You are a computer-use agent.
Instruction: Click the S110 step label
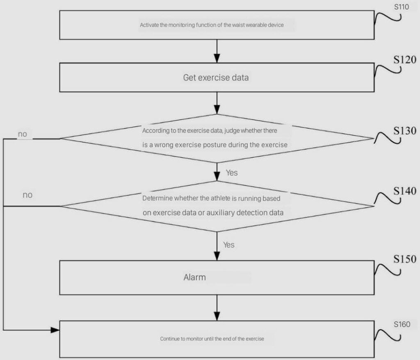(x=401, y=7)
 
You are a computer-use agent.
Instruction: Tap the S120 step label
(x=405, y=60)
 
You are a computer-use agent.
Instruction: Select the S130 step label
(x=405, y=131)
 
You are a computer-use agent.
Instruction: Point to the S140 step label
(x=405, y=191)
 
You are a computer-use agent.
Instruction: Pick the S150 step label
(x=405, y=259)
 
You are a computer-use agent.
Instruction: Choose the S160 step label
(x=402, y=324)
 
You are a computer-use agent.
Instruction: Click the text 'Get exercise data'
(x=216, y=78)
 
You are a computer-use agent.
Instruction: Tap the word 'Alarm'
(x=195, y=277)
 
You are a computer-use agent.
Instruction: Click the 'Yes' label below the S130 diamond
(x=232, y=173)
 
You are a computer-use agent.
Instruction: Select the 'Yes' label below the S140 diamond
(x=229, y=245)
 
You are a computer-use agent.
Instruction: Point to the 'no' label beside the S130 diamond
(x=23, y=134)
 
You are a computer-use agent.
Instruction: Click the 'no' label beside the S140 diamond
(x=27, y=195)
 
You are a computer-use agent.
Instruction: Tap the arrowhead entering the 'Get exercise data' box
(x=217, y=58)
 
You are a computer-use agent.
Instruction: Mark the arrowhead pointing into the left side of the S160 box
(x=55, y=330)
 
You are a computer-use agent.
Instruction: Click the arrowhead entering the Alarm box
(x=217, y=256)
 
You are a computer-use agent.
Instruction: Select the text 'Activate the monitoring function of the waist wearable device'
(x=212, y=25)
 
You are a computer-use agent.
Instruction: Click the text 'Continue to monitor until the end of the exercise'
(x=212, y=339)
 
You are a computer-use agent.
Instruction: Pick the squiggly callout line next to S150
(x=387, y=269)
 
